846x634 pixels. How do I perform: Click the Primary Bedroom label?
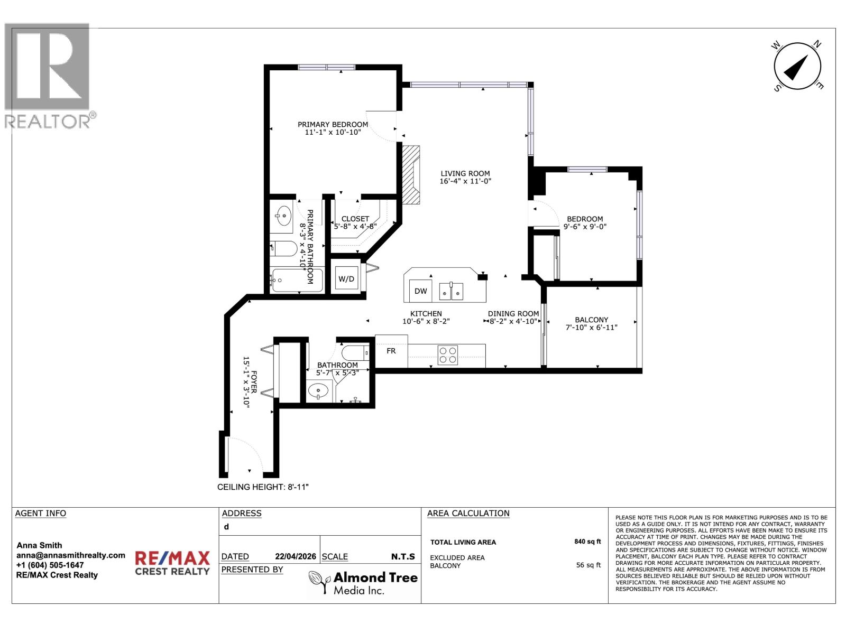[x=333, y=125]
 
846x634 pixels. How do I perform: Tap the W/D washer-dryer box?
[x=346, y=278]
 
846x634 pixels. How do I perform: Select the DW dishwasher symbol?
[x=420, y=291]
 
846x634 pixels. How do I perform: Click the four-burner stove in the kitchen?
[x=448, y=355]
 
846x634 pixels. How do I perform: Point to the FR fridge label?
[x=391, y=351]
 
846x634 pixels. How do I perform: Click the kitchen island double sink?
[x=451, y=291]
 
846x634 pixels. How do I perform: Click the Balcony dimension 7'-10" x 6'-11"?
[x=591, y=328]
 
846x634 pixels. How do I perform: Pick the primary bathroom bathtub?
[x=296, y=281]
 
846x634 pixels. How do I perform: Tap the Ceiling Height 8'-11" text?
[x=263, y=487]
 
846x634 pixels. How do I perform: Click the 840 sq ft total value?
[x=587, y=542]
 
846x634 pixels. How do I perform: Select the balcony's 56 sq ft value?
[x=588, y=565]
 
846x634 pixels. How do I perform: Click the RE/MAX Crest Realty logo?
[x=172, y=563]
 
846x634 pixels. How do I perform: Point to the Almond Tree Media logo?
[x=363, y=583]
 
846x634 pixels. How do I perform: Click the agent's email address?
[x=71, y=555]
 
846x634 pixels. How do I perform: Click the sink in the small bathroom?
[x=318, y=393]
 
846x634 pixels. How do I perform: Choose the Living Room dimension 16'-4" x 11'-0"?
[x=465, y=181]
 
